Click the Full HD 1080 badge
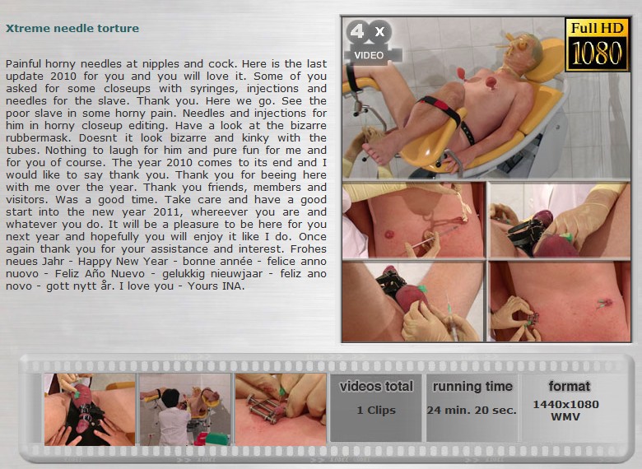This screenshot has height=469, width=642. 597,44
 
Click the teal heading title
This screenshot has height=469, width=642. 72,28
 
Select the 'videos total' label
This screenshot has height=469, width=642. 376,387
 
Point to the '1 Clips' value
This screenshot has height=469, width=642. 376,410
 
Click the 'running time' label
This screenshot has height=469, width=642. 472,387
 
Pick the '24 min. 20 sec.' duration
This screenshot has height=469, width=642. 472,410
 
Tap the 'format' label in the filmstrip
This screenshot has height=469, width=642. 569,387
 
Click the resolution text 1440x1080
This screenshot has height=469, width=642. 565,404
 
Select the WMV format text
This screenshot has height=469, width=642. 565,417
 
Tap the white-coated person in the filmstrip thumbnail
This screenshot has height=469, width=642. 173,416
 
